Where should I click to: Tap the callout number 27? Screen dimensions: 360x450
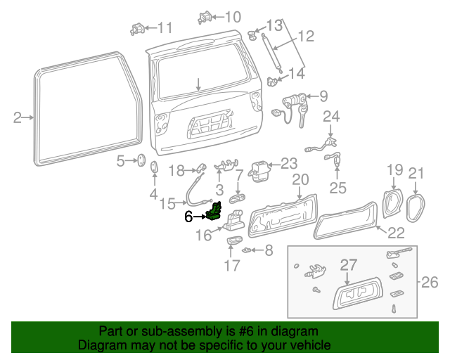tap(349, 265)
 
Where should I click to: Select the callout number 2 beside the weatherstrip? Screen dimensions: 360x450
tap(18, 117)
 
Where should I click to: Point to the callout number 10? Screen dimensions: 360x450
tap(231, 16)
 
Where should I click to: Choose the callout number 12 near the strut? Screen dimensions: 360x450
tap(305, 37)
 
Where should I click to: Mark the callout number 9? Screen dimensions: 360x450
tap(323, 96)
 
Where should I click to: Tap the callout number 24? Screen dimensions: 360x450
tap(330, 116)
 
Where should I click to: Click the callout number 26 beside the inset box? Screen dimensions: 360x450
tap(429, 283)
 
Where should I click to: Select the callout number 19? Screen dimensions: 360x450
tap(394, 170)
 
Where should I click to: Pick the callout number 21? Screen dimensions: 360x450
tap(417, 173)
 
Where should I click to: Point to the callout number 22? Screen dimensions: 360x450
tap(396, 233)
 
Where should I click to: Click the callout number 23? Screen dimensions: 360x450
tap(289, 164)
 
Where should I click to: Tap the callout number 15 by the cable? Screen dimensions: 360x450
tap(167, 204)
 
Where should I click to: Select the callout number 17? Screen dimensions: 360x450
tap(232, 266)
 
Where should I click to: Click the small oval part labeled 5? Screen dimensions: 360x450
tap(140, 162)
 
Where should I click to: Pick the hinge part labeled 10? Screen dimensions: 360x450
tap(207, 16)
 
